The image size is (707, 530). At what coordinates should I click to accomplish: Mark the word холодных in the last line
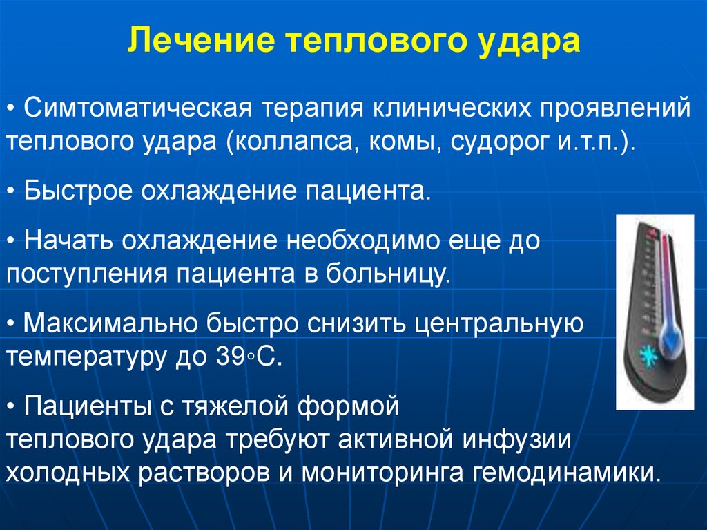[69, 474]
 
